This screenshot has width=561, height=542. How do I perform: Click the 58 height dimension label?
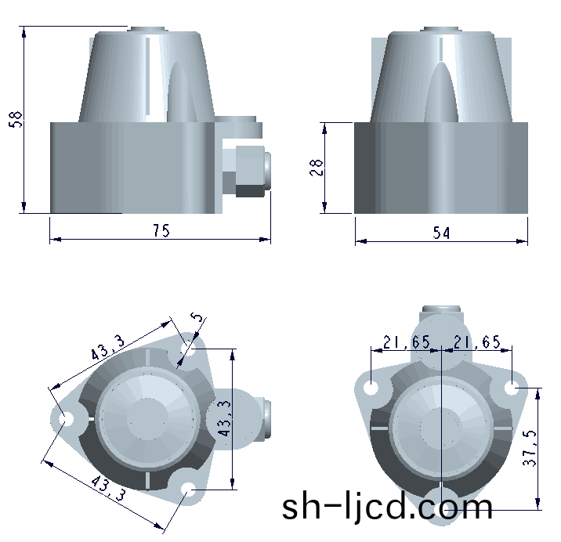[16, 119]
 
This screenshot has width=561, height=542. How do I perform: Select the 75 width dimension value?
[161, 230]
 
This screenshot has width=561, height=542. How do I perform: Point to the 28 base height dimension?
[317, 168]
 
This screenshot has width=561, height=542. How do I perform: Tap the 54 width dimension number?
[441, 233]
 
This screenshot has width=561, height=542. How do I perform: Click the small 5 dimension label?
[197, 317]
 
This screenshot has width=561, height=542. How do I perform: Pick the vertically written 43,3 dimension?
[225, 418]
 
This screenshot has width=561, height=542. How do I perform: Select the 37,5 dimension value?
[530, 448]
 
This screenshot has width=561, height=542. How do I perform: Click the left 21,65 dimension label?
[407, 342]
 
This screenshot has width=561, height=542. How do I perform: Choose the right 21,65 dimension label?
[477, 342]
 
